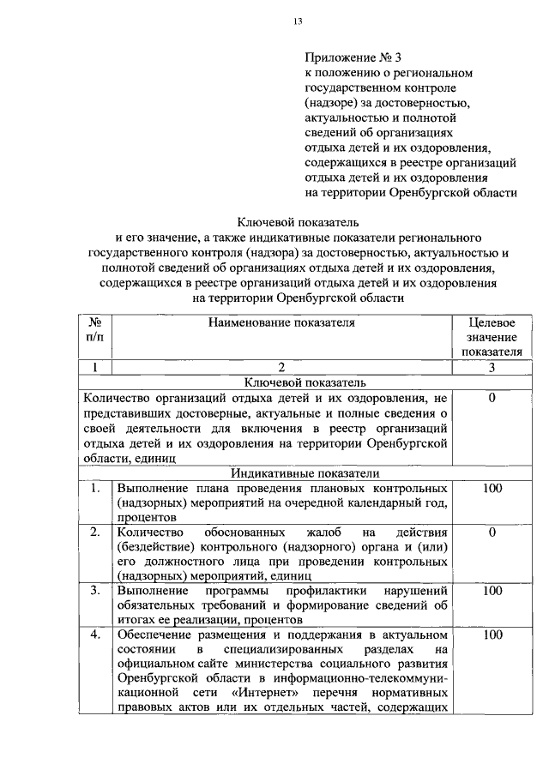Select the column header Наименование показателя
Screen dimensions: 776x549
(x=280, y=322)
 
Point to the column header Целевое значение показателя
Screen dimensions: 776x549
(x=492, y=336)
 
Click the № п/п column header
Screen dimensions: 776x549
(x=95, y=329)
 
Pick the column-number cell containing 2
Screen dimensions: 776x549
(x=280, y=367)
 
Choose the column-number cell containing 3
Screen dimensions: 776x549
(x=492, y=367)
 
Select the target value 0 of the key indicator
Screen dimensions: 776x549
(x=492, y=398)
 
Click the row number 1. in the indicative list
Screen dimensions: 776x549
(x=95, y=489)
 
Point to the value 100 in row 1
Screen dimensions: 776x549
(x=492, y=489)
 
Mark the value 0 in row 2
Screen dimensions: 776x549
(x=492, y=533)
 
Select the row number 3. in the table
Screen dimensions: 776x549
(x=95, y=591)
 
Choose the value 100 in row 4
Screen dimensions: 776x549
(x=492, y=635)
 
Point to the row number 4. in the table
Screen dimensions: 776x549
(x=95, y=635)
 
